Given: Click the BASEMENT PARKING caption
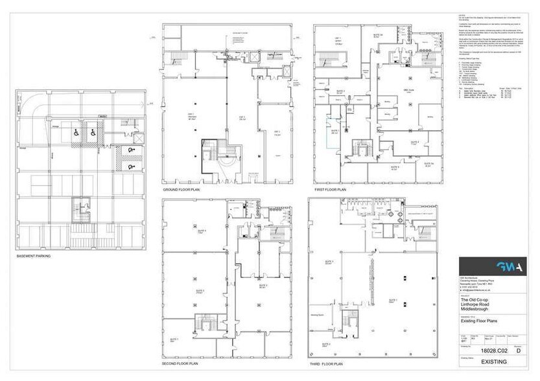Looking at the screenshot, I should click(34, 256).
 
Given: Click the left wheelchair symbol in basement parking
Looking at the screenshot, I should click(76, 133).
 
